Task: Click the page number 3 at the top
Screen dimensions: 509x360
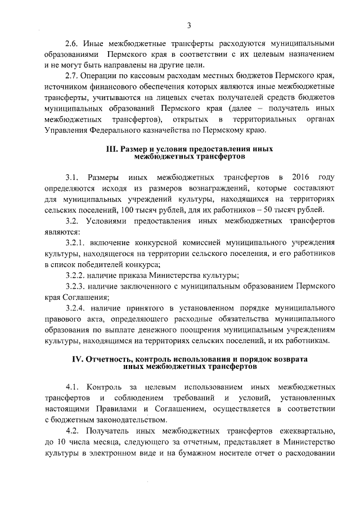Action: tap(190, 25)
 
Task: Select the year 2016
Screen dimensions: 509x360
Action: tap(298, 178)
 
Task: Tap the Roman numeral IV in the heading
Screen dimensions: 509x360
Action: tap(78, 359)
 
